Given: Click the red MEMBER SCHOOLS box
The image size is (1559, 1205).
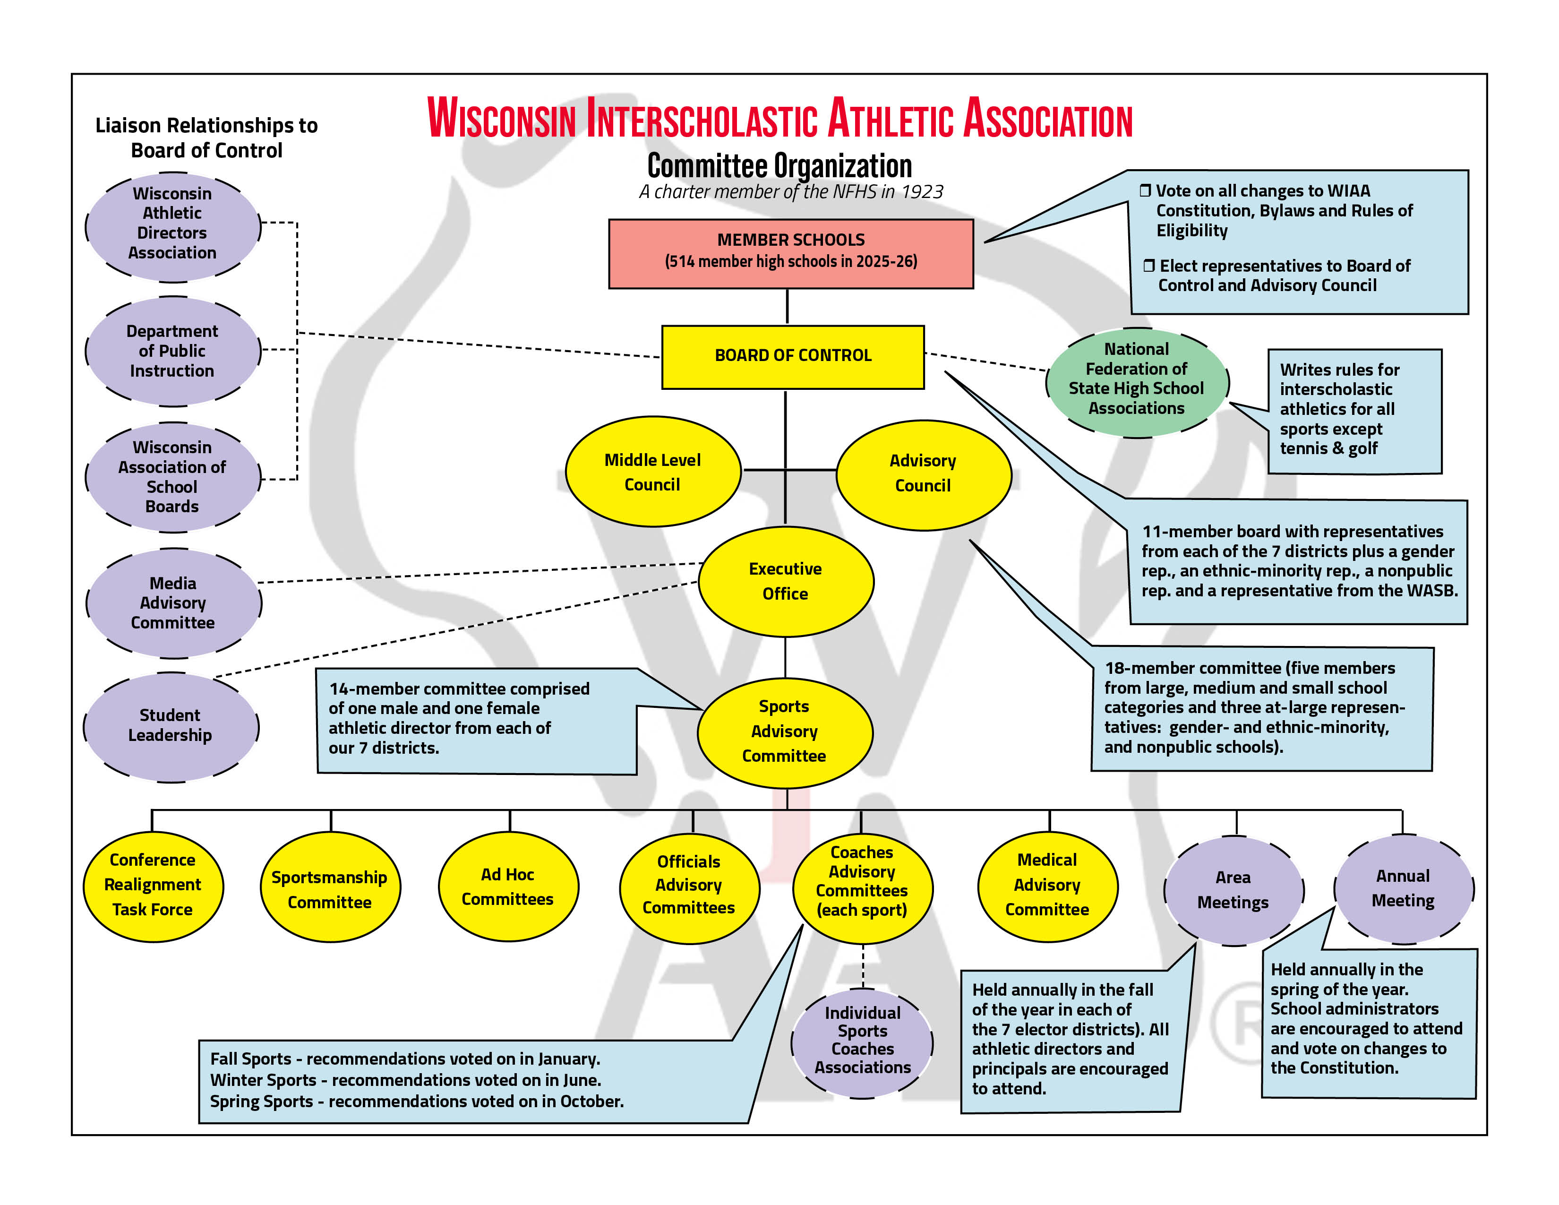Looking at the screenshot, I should click(x=790, y=253).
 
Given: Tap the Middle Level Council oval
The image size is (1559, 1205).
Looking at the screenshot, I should click(x=652, y=472).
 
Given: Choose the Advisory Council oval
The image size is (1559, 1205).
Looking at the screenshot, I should click(x=923, y=475).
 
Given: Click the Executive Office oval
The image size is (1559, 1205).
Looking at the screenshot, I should click(x=785, y=582).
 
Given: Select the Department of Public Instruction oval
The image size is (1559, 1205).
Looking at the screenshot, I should click(x=172, y=351).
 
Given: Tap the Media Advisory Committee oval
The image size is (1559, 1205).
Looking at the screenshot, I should click(x=173, y=603).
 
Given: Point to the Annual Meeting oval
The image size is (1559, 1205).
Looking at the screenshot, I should click(x=1404, y=889).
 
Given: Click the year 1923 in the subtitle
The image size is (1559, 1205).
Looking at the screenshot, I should click(x=922, y=192).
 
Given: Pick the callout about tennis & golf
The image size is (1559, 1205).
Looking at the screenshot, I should click(x=1354, y=411).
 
